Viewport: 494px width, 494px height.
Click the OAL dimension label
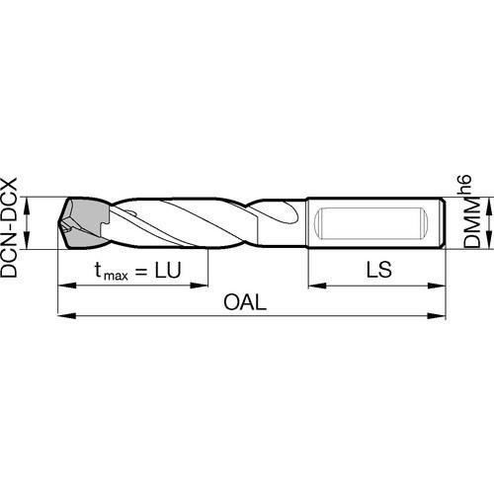click(245, 302)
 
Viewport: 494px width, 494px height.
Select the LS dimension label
click(379, 270)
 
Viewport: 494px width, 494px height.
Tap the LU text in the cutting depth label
click(168, 270)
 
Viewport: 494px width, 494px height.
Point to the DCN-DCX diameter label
click(9, 228)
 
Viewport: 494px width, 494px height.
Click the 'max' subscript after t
click(116, 276)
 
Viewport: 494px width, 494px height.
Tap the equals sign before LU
click(141, 272)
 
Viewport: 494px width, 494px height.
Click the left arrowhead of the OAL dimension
click(67, 315)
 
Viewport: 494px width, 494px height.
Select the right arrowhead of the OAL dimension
click(437, 315)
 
